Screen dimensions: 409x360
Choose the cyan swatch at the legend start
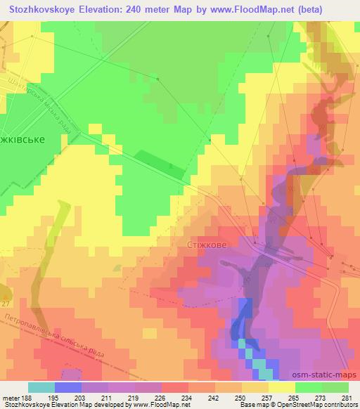pyautogui.click(x=41, y=387)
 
